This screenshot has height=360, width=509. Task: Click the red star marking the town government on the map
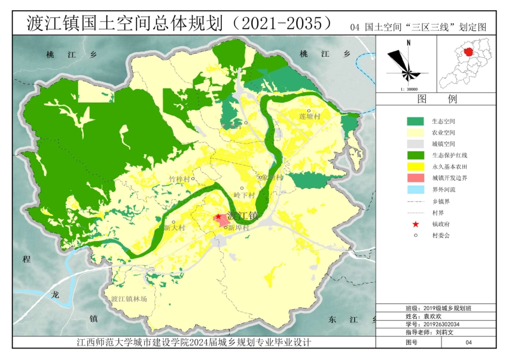coord(218,217)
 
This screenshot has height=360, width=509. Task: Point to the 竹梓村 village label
coord(179,178)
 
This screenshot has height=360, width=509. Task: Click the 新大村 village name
coord(174,228)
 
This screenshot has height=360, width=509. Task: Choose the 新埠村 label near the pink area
coord(239,228)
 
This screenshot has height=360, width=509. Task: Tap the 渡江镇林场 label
coord(129,299)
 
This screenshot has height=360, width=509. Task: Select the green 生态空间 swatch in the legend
coord(415,122)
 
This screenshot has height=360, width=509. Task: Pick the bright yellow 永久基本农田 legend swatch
coord(415,167)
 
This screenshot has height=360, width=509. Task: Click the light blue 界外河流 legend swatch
coord(415,190)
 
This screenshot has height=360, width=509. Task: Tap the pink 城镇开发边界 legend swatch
coord(415,178)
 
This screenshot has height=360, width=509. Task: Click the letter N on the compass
coord(408,42)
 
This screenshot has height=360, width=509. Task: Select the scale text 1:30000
coord(409,89)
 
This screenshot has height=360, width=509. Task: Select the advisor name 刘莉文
coord(445,332)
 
